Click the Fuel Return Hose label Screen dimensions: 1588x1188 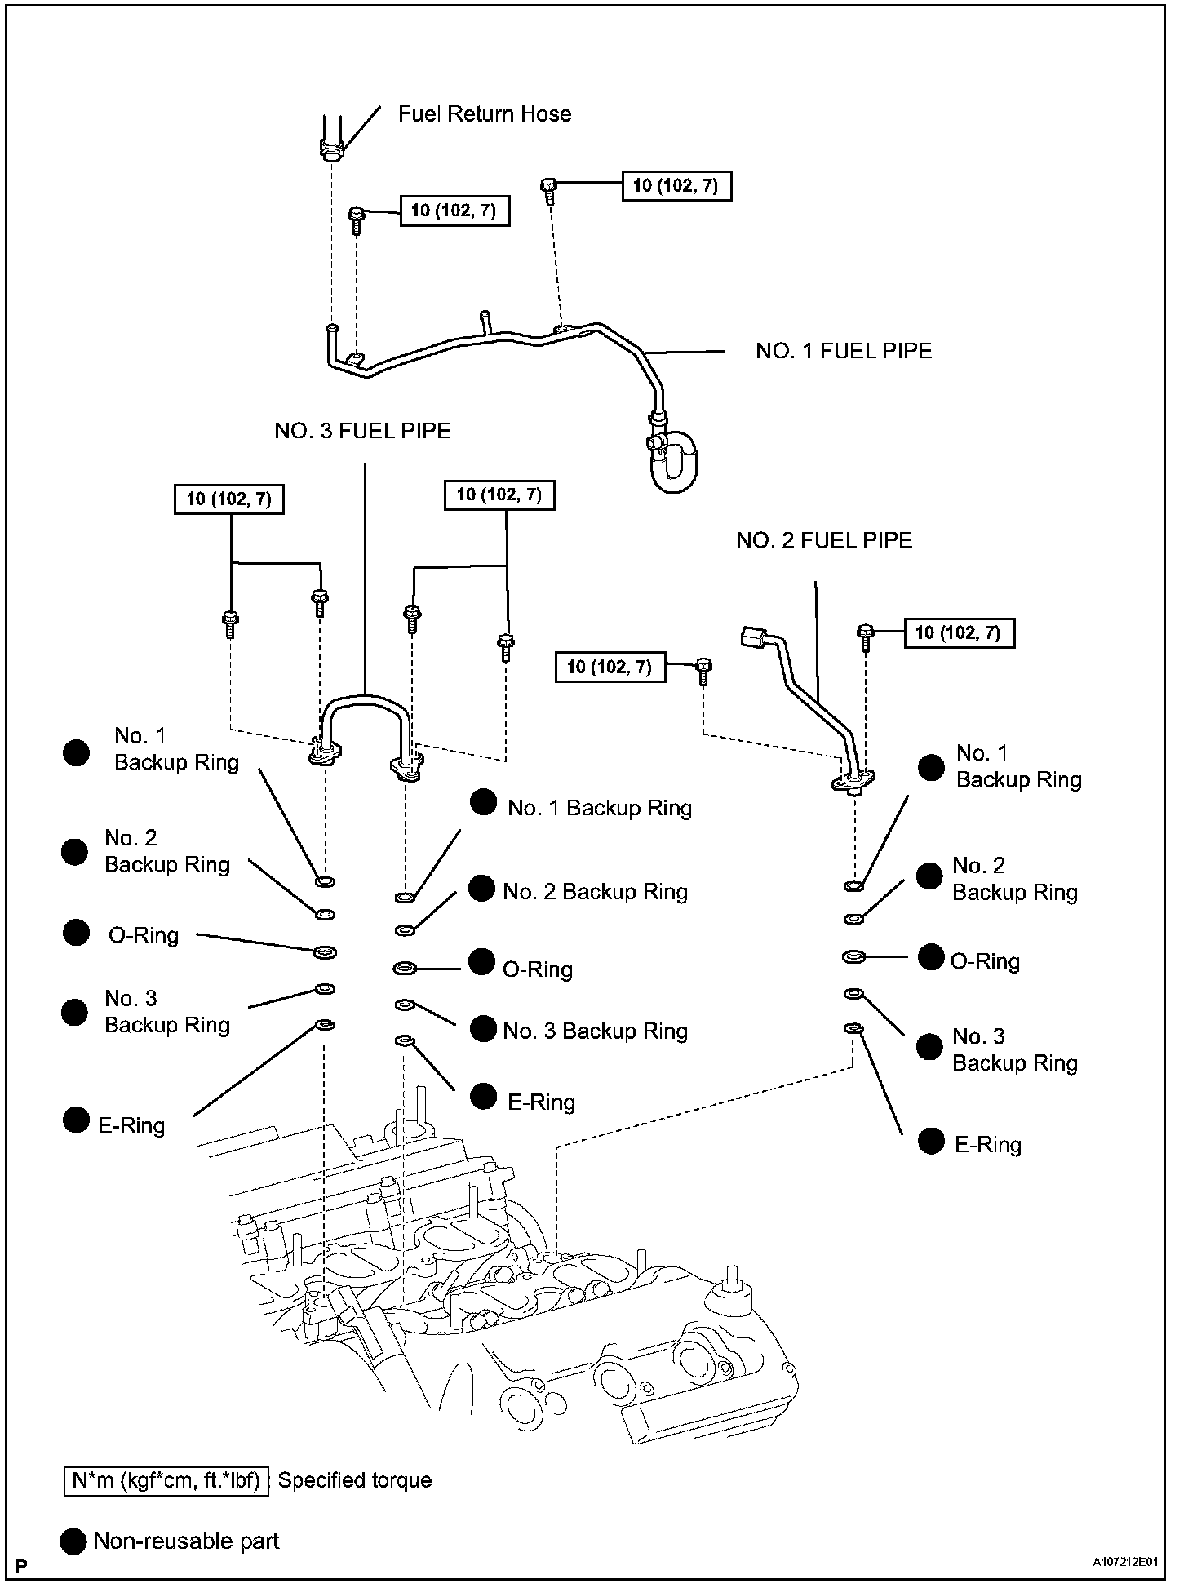point(484,114)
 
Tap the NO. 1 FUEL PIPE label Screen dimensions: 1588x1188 point(843,351)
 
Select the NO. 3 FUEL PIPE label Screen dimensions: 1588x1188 point(362,431)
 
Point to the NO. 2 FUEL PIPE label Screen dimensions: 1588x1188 point(823,540)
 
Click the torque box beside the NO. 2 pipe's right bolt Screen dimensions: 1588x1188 point(959,632)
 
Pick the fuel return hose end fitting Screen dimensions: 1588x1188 point(331,151)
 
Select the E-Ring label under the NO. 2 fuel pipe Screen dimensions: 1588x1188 point(987,1145)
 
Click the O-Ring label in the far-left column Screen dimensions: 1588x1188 point(144,935)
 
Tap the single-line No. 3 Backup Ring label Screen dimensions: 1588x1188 point(595,1031)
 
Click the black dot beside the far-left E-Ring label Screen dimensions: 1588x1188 point(76,1120)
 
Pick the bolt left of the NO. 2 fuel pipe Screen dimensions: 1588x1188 point(704,672)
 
